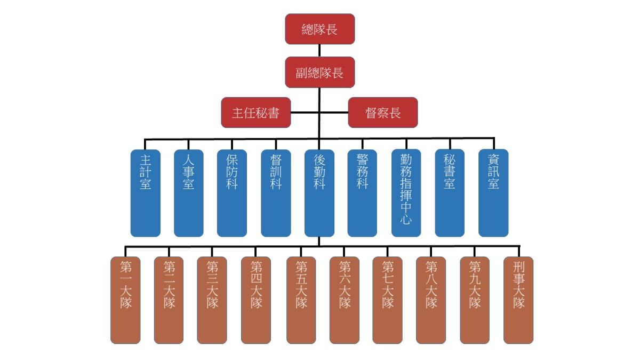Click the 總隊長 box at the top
coord(319,29)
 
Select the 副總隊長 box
coord(319,72)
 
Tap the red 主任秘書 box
coord(256,113)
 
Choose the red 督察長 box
coord(383,113)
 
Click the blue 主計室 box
coord(146,193)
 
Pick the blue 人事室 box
coord(189,193)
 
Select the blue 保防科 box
coord(232,193)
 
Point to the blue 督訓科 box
coord(276,193)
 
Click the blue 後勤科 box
coord(319,193)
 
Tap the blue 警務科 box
coord(362,193)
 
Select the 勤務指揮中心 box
coord(406,193)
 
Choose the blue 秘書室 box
coord(450,193)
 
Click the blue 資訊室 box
coord(493,193)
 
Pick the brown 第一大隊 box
coord(126,300)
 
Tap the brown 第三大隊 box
coord(212,300)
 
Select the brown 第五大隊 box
coord(301,300)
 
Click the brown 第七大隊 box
coord(388,300)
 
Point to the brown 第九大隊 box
coord(475,300)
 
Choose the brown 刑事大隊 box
coord(518,300)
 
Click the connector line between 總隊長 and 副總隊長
coord(319,51)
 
